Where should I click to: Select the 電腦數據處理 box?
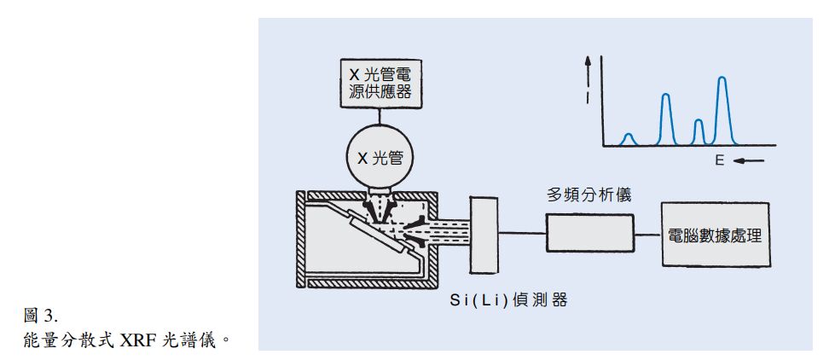pos(716,235)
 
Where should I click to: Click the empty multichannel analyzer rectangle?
pos(589,233)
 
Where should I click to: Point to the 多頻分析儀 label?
pos(588,195)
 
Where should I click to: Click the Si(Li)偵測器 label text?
pos(509,299)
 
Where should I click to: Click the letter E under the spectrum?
pos(719,161)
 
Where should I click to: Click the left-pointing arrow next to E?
pos(742,161)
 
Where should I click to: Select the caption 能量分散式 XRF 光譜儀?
pos(125,340)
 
